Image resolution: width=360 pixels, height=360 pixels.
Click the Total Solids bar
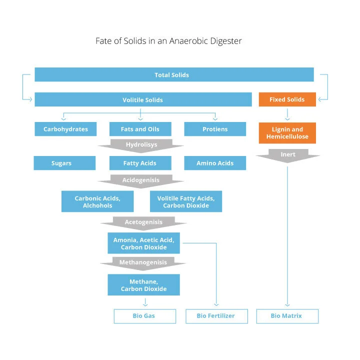(174, 74)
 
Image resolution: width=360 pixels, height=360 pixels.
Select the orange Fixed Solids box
(287, 99)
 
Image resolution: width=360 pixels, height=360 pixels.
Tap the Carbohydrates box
(65, 129)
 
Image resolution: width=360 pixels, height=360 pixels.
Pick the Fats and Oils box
(140, 129)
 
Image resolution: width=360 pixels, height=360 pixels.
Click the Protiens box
(215, 129)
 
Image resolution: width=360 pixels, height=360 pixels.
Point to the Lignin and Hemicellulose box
(287, 133)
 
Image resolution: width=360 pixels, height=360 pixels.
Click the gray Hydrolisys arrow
(141, 145)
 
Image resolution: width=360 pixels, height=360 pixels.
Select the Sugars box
(64, 163)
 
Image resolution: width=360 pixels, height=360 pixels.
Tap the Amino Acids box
(215, 163)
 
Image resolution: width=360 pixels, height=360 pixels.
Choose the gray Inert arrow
(288, 155)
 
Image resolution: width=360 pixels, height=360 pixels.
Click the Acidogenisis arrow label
(140, 180)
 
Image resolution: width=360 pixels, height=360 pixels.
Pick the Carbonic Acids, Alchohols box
(97, 201)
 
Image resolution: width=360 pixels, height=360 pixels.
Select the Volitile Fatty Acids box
(186, 201)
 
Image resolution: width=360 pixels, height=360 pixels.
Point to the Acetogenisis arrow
(143, 223)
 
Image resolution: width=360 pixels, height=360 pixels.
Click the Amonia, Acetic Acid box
(143, 243)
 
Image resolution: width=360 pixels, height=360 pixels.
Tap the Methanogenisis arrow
(143, 263)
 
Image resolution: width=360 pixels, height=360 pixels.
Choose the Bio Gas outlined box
(145, 316)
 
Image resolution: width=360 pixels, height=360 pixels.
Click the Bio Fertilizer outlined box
(216, 316)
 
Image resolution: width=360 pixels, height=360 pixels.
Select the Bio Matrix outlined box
(287, 316)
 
